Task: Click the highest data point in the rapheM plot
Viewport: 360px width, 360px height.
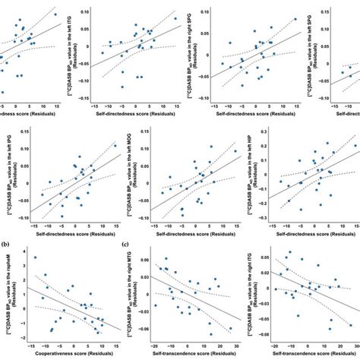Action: (x=36, y=258)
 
